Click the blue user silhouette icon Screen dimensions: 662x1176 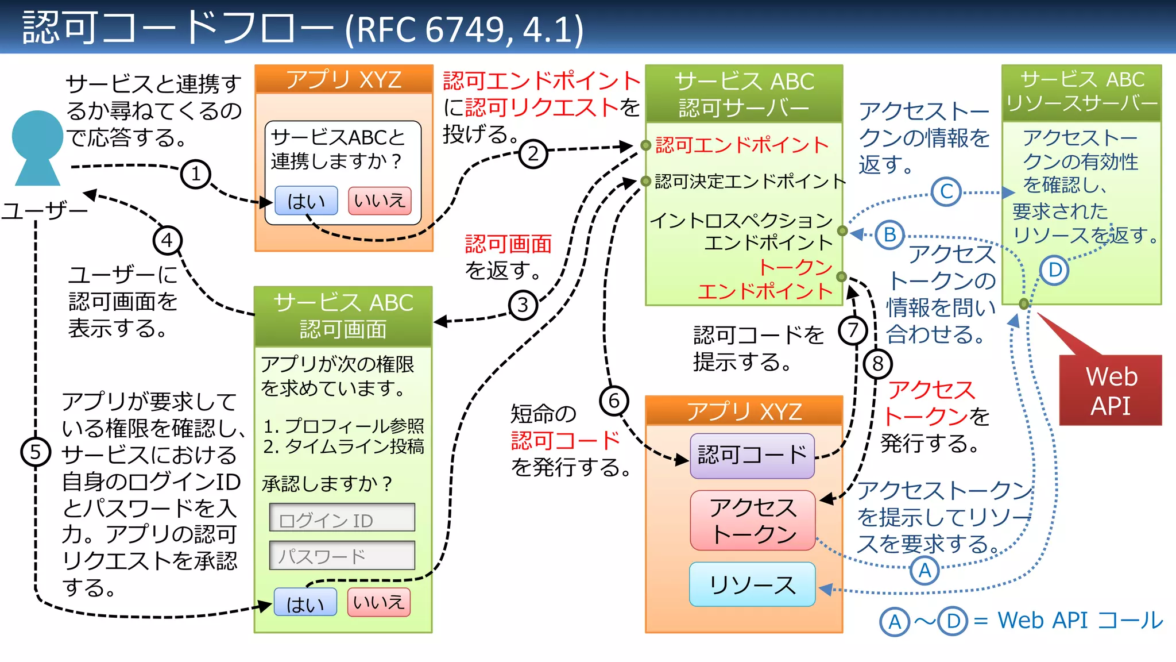point(37,147)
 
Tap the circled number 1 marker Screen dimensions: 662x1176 point(195,174)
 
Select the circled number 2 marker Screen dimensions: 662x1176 point(533,153)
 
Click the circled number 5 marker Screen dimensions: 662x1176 point(36,452)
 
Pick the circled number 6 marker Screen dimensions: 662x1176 point(614,401)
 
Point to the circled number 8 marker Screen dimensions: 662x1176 point(877,364)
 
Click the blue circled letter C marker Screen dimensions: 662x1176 point(946,192)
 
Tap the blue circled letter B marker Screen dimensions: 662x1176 point(889,235)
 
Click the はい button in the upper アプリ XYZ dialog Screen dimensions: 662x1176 point(306,201)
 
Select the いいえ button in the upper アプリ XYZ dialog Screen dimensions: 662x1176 point(380,201)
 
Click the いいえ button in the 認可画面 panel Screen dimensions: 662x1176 point(378,602)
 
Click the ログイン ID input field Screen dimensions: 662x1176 point(342,518)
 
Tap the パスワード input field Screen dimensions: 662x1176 point(342,555)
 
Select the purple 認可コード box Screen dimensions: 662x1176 point(752,456)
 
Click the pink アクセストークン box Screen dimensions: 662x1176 point(753,521)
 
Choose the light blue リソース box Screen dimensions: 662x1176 point(752,584)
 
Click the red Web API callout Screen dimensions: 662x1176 point(1111,391)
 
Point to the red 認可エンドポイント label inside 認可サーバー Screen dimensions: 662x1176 point(741,145)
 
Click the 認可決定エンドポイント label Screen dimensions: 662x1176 point(749,182)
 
